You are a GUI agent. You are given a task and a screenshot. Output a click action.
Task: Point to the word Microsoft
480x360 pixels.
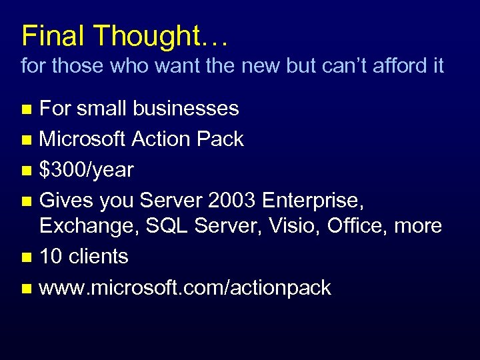tap(83, 139)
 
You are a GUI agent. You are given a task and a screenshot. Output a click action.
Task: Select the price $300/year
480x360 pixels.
tap(87, 170)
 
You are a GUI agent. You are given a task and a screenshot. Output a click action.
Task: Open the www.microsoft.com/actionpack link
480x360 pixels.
tap(185, 287)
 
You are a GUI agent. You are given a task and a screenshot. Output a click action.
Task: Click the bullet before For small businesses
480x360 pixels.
tap(26, 109)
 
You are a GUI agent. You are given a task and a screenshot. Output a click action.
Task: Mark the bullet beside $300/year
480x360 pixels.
tap(26, 171)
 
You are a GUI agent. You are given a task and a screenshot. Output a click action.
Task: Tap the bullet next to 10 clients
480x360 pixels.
tap(26, 257)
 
